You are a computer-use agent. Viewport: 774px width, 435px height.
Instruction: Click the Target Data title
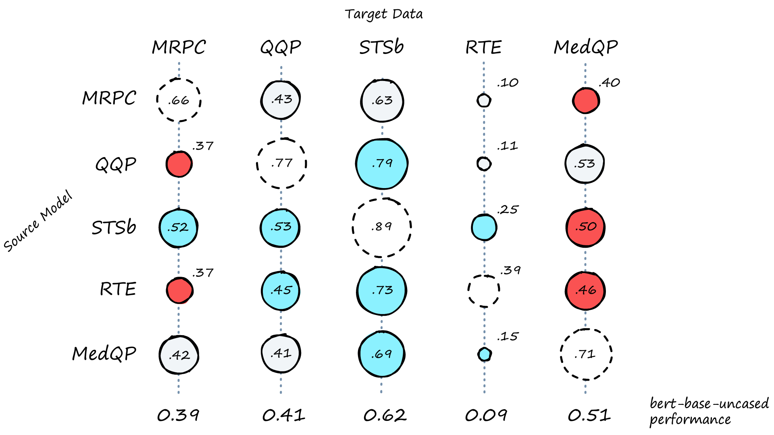pyautogui.click(x=383, y=14)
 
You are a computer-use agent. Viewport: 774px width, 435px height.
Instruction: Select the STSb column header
pyautogui.click(x=381, y=47)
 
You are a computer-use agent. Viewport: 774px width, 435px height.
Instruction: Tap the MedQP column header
pyautogui.click(x=586, y=47)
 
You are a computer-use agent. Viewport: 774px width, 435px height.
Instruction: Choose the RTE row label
pyautogui.click(x=118, y=289)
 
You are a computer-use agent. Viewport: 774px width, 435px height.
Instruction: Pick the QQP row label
pyautogui.click(x=116, y=164)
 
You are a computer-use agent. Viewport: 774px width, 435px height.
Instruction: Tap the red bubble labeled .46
pyautogui.click(x=586, y=290)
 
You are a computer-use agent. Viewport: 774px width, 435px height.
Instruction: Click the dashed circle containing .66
pyautogui.click(x=179, y=100)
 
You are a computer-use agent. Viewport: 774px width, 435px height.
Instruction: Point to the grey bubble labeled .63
pyautogui.click(x=382, y=101)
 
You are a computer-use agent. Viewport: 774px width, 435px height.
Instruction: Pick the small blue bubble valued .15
pyautogui.click(x=484, y=354)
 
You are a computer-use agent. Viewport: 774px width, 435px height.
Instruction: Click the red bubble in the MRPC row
pyautogui.click(x=586, y=101)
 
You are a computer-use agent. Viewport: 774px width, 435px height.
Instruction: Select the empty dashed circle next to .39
pyautogui.click(x=484, y=291)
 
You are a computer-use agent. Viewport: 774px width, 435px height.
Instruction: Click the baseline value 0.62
pyautogui.click(x=385, y=415)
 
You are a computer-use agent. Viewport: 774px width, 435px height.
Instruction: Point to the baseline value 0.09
pyautogui.click(x=486, y=415)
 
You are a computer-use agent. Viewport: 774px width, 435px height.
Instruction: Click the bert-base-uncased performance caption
pyautogui.click(x=709, y=411)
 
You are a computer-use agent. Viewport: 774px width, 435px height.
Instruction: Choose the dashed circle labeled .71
pyautogui.click(x=586, y=354)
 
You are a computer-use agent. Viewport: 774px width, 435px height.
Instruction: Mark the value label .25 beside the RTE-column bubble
pyautogui.click(x=508, y=210)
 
